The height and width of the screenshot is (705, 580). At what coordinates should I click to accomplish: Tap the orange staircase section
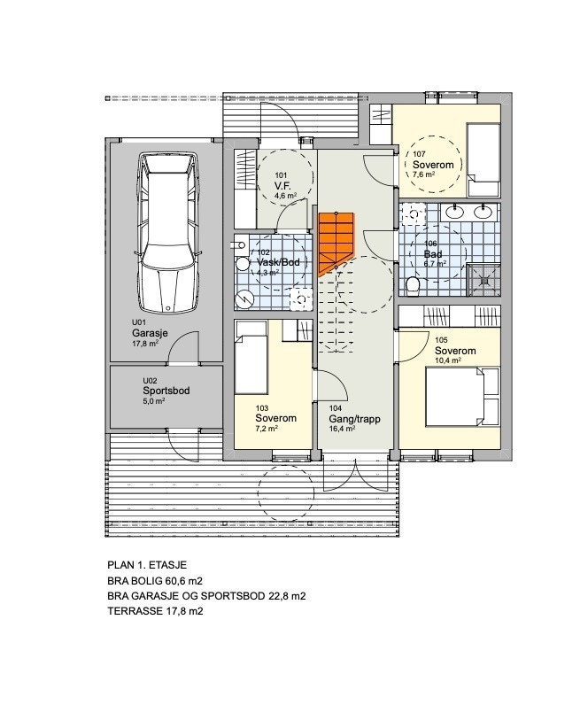[336, 240]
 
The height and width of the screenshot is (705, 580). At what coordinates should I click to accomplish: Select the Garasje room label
[150, 334]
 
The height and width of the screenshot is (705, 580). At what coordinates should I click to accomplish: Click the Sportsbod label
[166, 390]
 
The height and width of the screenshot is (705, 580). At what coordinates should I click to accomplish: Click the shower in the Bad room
[483, 277]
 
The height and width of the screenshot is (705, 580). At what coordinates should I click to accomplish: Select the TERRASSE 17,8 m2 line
[156, 611]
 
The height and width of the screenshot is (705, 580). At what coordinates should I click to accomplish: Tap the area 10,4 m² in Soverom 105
[451, 361]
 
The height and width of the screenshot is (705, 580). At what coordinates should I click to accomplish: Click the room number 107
[419, 154]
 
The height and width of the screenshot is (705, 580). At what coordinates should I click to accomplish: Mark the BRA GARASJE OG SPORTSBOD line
[205, 596]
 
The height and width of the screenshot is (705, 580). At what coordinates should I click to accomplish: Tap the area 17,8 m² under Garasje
[145, 345]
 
